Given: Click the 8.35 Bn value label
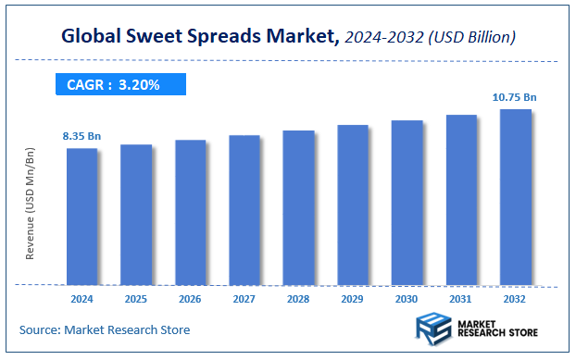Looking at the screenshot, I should click(81, 137).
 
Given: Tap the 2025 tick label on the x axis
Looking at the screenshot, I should click(136, 299).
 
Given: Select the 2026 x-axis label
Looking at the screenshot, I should click(190, 299).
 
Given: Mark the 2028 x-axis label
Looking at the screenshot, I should click(298, 299).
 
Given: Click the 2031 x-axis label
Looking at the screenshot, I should click(461, 299).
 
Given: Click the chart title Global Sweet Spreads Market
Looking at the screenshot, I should click(194, 38).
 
